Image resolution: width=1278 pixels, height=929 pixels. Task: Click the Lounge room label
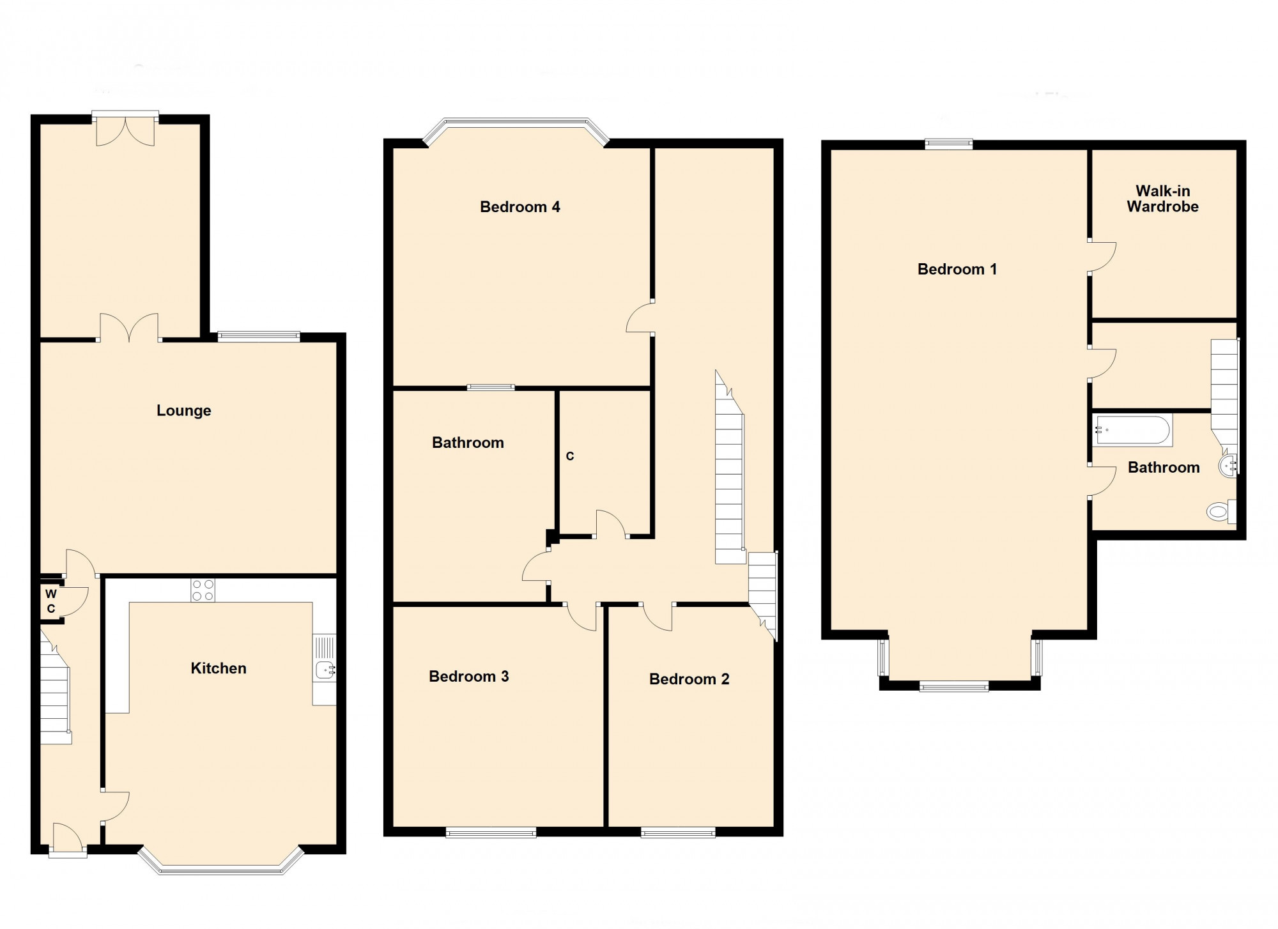pos(183,410)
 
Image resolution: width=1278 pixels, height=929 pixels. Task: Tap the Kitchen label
pos(218,668)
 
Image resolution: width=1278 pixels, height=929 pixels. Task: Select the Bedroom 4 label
pos(520,207)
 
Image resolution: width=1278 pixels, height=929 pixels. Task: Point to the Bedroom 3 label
pos(468,677)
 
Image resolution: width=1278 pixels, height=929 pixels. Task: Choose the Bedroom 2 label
pos(689,679)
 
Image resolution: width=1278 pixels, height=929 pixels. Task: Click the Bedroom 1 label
pos(957,269)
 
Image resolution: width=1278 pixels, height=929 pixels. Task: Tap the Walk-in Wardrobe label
pos(1162,199)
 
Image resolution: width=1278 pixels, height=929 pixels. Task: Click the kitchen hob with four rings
pos(203,590)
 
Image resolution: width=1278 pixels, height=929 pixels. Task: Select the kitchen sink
pos(325,669)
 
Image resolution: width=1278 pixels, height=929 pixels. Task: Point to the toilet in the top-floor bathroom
pos(1219,511)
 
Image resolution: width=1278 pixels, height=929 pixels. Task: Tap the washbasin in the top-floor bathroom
pos(1228,464)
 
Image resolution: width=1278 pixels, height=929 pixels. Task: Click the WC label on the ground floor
pos(51,601)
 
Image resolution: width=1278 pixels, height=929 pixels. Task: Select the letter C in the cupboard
pos(569,456)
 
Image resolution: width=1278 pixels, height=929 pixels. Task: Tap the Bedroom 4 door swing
pos(640,318)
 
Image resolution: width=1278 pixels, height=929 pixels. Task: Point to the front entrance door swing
pos(66,838)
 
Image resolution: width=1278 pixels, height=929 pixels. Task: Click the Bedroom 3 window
pos(491,832)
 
